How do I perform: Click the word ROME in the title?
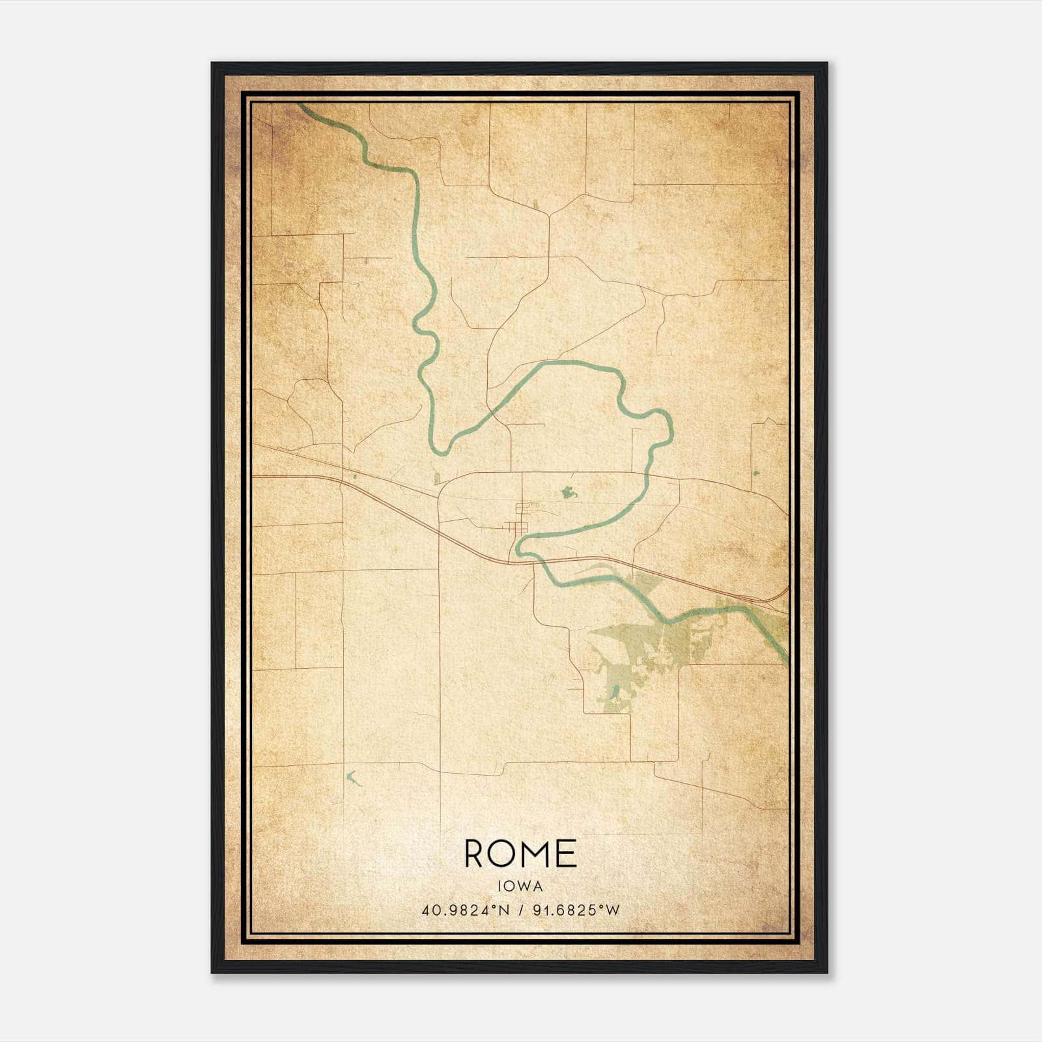520,854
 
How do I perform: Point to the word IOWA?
520,886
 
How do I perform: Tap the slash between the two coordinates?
520,910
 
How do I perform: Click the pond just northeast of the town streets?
569,492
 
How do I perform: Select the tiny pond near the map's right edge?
755,473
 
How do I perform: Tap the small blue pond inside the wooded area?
615,689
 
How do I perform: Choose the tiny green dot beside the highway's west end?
354,477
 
